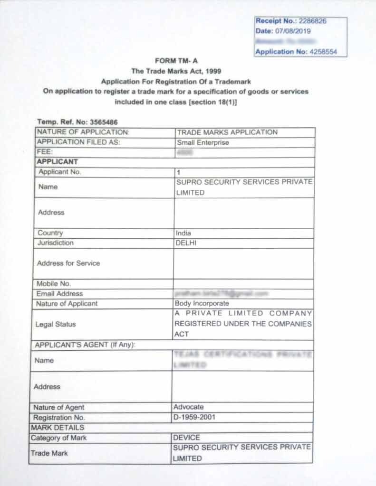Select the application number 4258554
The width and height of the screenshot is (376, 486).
323,52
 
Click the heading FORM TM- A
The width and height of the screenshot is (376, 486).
176,61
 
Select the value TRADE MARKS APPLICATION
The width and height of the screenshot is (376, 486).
227,132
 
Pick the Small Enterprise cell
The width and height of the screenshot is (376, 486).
202,142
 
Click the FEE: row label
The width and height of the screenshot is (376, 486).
45,152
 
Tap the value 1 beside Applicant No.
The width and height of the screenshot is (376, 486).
178,172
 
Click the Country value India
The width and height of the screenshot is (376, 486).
183,233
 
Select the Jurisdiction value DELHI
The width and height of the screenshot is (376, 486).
186,243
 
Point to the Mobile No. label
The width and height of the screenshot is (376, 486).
54,284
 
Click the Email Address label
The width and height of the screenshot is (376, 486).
59,294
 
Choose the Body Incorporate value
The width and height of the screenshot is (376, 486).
202,304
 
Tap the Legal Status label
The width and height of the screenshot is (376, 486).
56,324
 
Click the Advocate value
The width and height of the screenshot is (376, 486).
188,407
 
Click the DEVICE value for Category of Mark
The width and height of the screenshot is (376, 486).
186,438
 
